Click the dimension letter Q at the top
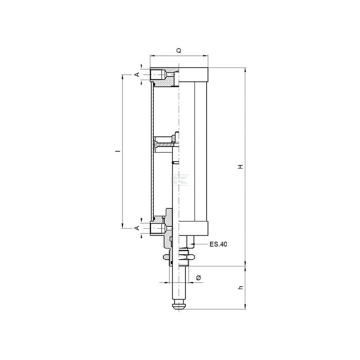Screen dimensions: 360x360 click(179, 50)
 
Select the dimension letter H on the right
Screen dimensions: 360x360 click(241, 166)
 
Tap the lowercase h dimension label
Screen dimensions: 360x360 click(241, 287)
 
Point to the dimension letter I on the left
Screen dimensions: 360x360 click(119, 151)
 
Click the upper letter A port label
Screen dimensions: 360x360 click(137, 74)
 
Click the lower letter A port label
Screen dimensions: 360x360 click(137, 228)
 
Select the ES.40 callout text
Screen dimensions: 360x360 click(218, 244)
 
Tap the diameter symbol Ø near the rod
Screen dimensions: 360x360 click(199, 278)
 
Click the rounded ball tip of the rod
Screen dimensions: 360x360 click(179, 306)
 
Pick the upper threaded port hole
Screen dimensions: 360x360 click(158, 75)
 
